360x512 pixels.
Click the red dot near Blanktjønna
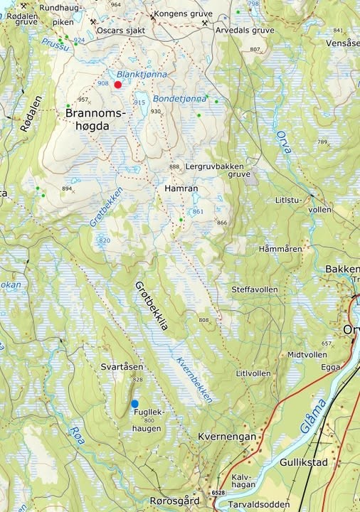pos(118,85)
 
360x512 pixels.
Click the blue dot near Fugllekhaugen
pos(134,404)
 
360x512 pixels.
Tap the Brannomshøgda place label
pos(95,119)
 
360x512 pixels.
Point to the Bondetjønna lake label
pos(176,98)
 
